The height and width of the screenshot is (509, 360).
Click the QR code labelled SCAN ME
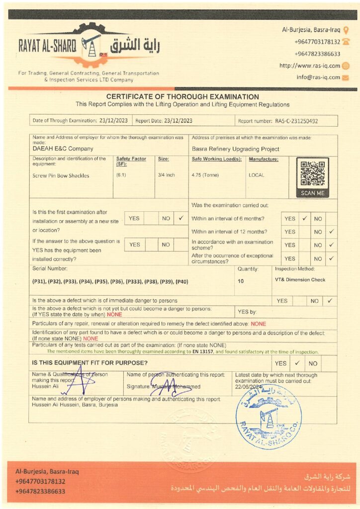click(312, 173)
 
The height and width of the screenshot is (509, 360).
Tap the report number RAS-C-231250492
click(296, 121)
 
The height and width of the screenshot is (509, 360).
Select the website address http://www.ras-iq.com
click(309, 66)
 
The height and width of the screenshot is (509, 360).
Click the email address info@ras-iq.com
click(318, 77)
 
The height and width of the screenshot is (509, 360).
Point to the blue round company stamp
click(269, 417)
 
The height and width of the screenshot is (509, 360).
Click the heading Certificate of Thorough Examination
click(182, 97)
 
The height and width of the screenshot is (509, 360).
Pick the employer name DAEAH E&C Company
click(63, 149)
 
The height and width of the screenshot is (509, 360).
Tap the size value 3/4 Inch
click(166, 175)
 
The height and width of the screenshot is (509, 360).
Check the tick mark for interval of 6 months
click(304, 218)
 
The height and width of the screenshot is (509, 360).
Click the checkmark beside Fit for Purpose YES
click(297, 363)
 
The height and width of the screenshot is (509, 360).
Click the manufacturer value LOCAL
click(257, 175)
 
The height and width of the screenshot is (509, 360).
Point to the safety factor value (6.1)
click(121, 175)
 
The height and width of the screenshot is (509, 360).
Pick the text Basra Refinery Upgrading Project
click(235, 149)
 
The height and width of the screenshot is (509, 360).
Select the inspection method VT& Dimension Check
click(300, 280)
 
